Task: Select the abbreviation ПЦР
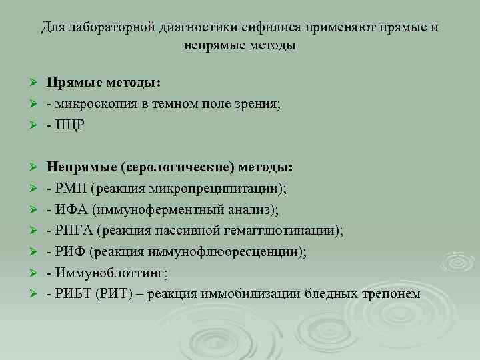(68, 125)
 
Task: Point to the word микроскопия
(93, 103)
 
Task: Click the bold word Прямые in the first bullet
(72, 82)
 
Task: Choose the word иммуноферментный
(154, 210)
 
